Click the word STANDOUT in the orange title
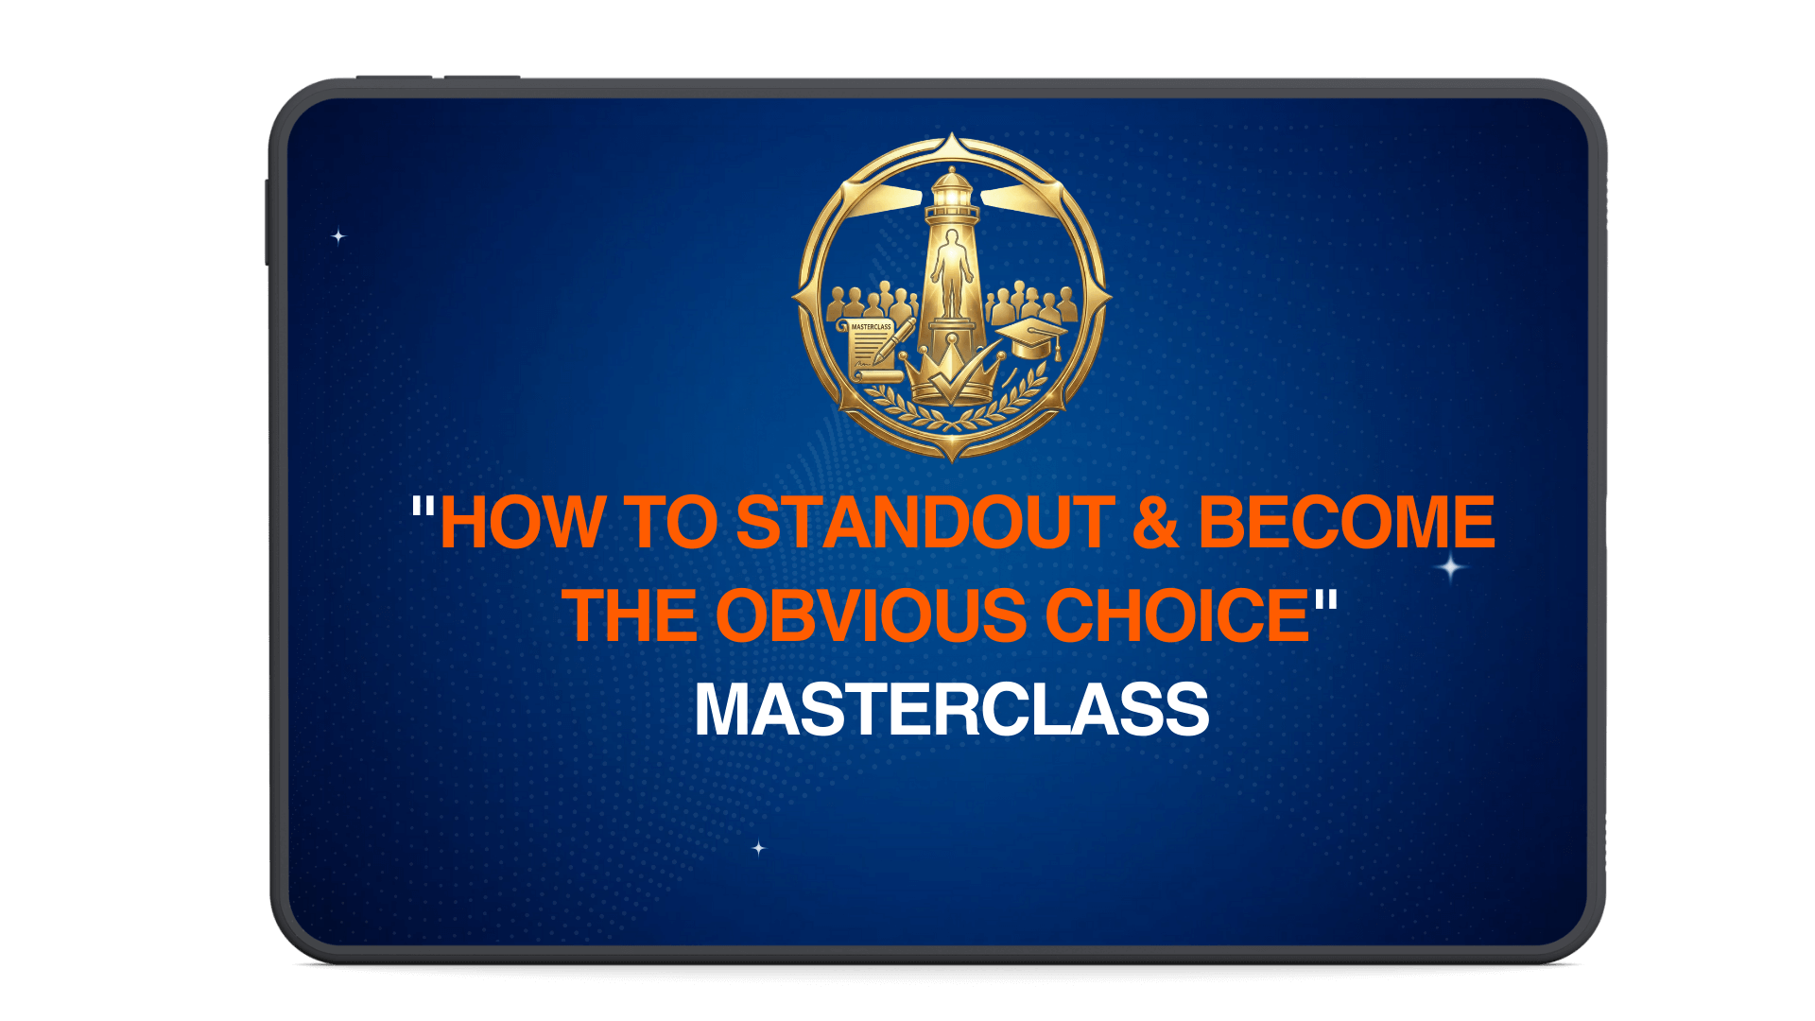(925, 523)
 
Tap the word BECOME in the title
(1346, 523)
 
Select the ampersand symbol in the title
(1155, 523)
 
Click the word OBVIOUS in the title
(870, 615)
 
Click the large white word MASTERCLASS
(951, 709)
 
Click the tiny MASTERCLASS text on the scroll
(871, 327)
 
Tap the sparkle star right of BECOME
(1451, 567)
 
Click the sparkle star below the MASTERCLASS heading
(758, 848)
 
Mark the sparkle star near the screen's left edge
(338, 235)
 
